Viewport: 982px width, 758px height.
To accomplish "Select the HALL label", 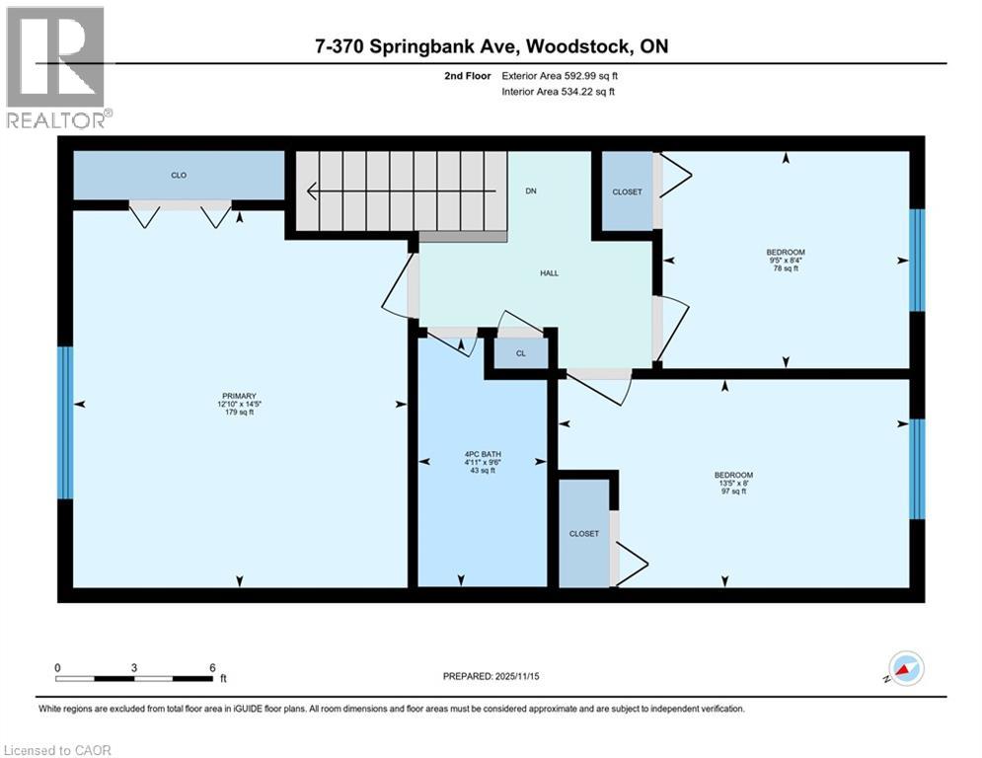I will coord(549,273).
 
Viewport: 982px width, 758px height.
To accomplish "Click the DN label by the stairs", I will coord(531,191).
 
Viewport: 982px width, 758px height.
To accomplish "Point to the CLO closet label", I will coord(179,176).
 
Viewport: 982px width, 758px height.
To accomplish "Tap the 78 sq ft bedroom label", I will coord(787,261).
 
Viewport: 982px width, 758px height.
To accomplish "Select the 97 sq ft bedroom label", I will coord(733,483).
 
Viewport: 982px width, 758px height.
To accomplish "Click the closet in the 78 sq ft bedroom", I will coord(627,191).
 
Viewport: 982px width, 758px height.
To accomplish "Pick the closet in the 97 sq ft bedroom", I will coord(583,533).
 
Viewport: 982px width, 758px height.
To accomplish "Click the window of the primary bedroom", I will coord(65,422).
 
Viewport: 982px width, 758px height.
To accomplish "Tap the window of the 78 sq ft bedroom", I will coord(917,260).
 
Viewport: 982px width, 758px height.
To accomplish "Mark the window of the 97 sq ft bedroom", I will coord(917,469).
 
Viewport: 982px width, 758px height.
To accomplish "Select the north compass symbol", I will coord(906,668).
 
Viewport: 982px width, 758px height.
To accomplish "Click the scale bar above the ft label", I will coord(134,677).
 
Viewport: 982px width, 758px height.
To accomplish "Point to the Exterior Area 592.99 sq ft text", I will coord(560,75).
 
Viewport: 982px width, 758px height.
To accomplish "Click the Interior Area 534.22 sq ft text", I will coord(560,92).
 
